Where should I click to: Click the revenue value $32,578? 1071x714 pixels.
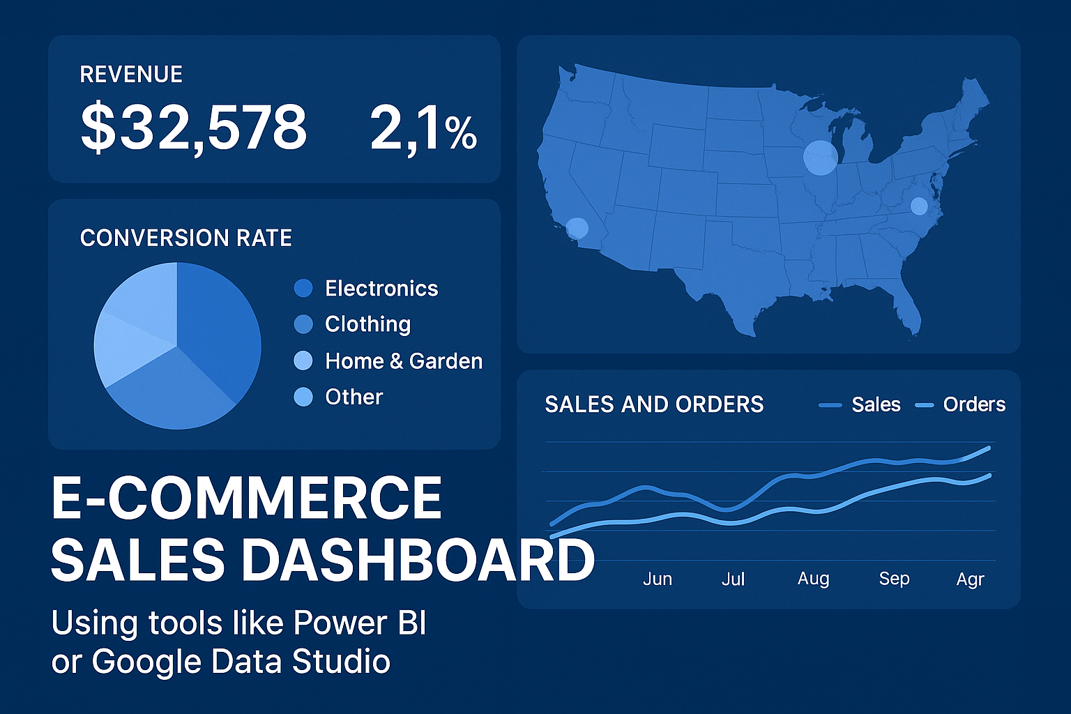[193, 127]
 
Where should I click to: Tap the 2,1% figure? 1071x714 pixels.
[423, 128]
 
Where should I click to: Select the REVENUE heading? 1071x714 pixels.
[131, 75]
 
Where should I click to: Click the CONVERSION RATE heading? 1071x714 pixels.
[185, 238]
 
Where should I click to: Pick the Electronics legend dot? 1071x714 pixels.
[303, 288]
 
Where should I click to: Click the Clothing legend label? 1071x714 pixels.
[367, 324]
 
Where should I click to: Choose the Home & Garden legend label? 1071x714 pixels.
[404, 361]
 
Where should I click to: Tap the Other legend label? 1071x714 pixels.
[354, 397]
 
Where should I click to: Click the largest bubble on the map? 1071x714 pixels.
[820, 158]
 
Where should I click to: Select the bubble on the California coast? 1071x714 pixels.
[577, 228]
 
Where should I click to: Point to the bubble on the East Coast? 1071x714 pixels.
[919, 206]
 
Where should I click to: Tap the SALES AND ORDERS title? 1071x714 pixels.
[654, 404]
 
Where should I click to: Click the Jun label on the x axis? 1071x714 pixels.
[658, 579]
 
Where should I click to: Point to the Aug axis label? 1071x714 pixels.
[813, 579]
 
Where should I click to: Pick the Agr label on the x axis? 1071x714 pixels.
[970, 579]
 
